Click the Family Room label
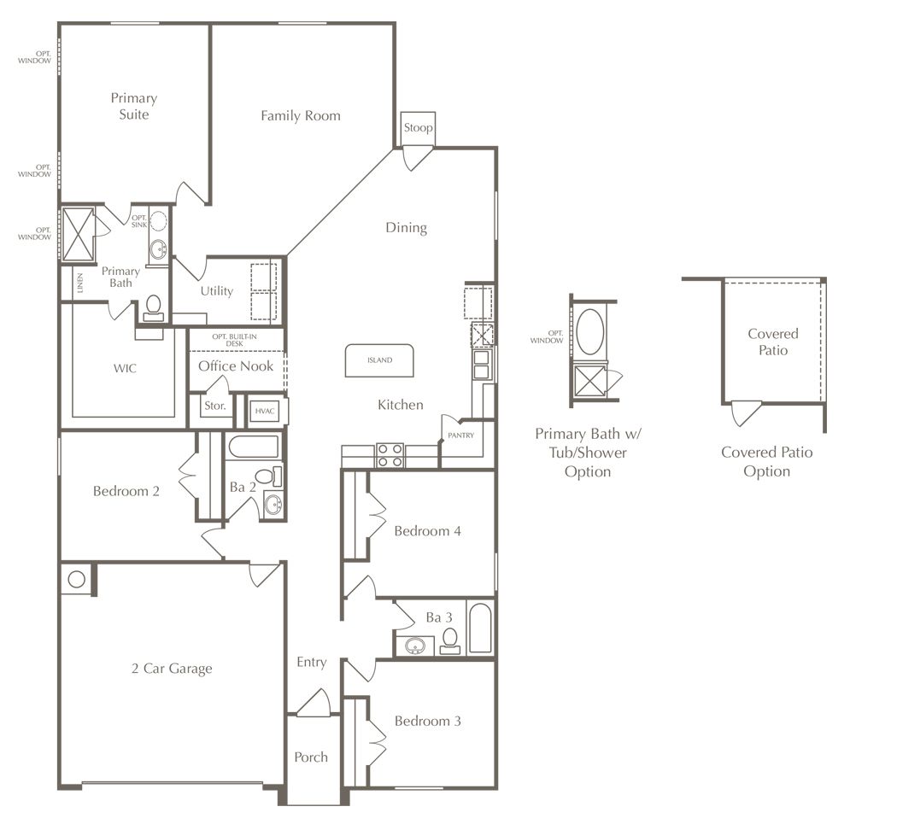click(x=301, y=116)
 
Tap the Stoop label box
click(x=418, y=128)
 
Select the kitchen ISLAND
click(x=379, y=360)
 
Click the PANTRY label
click(x=460, y=435)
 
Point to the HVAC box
click(x=264, y=411)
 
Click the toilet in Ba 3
click(x=450, y=640)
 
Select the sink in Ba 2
click(x=273, y=504)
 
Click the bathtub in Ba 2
click(x=253, y=447)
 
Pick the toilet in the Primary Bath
click(x=153, y=307)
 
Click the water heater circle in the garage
click(x=77, y=580)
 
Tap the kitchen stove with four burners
click(x=390, y=455)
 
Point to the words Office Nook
click(x=236, y=366)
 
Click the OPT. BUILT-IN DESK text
click(x=235, y=340)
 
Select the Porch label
click(x=311, y=758)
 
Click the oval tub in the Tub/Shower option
click(x=589, y=332)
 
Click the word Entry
click(x=311, y=663)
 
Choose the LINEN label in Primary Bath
click(x=80, y=283)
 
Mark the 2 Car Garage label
click(x=172, y=669)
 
